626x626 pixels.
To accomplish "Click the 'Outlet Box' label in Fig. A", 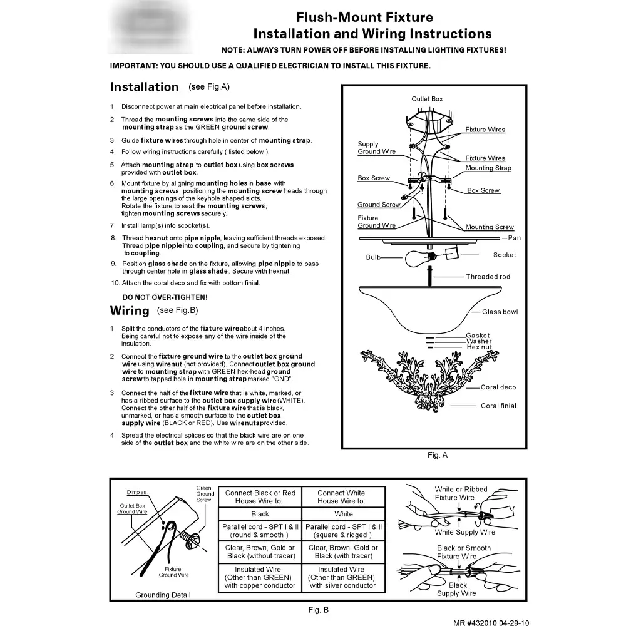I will (427, 99).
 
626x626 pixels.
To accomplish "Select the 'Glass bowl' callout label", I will (500, 312).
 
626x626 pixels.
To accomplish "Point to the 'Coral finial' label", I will (499, 406).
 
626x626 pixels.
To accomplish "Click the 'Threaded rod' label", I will (488, 277).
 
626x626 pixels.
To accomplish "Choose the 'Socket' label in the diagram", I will (505, 255).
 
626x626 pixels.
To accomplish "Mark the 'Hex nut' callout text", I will (480, 347).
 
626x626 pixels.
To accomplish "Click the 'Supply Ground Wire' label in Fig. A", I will (376, 148).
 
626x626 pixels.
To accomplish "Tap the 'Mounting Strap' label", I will (488, 168).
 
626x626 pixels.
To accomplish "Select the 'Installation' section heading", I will (144, 87).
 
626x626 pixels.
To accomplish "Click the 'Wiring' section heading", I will (130, 310).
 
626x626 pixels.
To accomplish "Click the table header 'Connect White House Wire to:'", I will (341, 497).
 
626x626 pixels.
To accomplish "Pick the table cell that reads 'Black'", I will (260, 514).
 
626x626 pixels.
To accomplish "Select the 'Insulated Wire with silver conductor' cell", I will (341, 578).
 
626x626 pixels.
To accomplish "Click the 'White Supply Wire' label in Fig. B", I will (465, 532).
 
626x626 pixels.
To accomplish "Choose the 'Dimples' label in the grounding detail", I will (136, 492).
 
